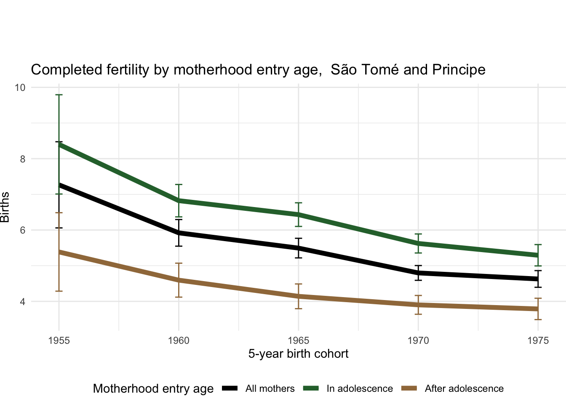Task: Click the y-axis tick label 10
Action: (20, 88)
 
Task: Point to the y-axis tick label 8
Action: (22, 159)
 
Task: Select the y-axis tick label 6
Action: (22, 230)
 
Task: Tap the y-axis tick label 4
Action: (22, 302)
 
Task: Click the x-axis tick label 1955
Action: (59, 340)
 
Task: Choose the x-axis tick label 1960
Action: (179, 340)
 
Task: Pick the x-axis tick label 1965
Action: (299, 340)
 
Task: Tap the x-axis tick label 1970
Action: (418, 340)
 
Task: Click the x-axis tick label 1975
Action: (538, 340)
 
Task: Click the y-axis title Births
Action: (5, 207)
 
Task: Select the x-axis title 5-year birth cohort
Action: (298, 353)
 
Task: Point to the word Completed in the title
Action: (60, 70)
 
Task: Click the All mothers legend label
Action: (270, 389)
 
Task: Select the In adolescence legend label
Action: (360, 389)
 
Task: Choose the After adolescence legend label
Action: (464, 389)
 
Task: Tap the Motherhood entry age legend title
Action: (153, 389)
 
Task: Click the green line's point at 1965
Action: (299, 215)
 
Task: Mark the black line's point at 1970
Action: (418, 273)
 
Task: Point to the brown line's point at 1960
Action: (179, 280)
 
